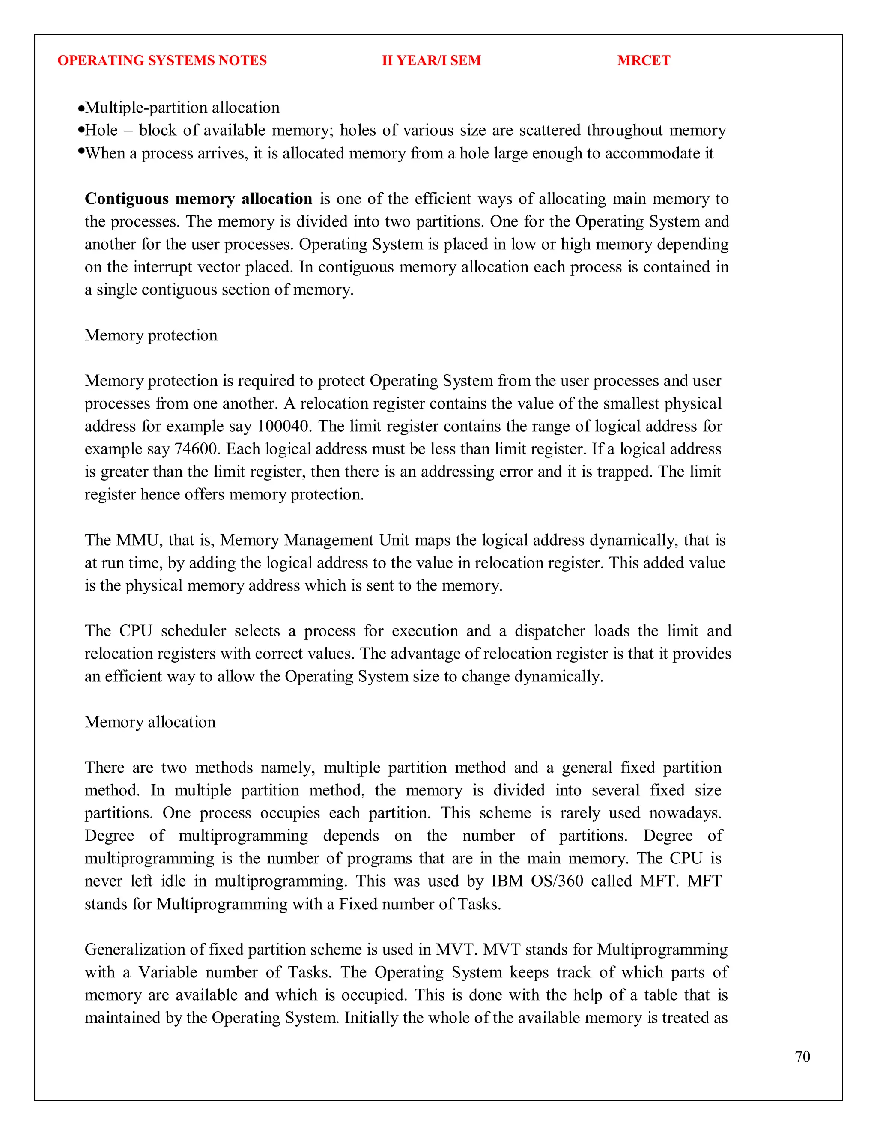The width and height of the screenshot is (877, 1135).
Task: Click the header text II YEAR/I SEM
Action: (x=431, y=60)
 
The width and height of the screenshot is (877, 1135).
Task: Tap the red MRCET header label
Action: (x=643, y=60)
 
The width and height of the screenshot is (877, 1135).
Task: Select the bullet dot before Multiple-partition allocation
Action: (x=81, y=109)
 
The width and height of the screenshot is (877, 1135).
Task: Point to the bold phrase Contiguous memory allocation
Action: (x=198, y=199)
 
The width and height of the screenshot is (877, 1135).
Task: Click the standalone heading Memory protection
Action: (x=151, y=335)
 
